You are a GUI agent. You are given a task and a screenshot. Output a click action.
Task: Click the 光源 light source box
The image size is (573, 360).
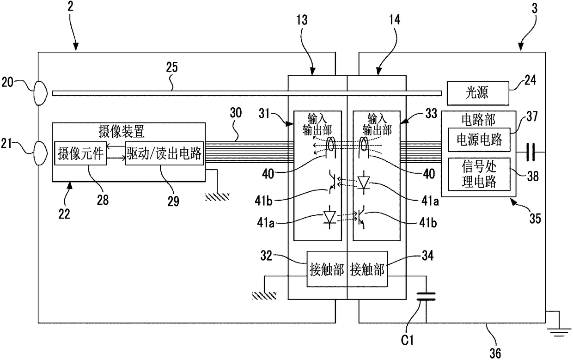click(x=478, y=93)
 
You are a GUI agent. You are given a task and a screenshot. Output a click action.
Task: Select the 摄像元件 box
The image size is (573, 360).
click(x=80, y=153)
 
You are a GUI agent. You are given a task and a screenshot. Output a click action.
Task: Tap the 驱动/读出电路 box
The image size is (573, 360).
click(x=164, y=153)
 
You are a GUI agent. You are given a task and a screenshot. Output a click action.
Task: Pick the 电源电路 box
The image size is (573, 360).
click(x=479, y=140)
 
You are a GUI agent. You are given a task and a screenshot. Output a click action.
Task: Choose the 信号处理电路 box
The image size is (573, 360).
click(x=479, y=174)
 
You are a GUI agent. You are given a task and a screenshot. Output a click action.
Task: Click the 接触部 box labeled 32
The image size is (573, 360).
click(x=327, y=269)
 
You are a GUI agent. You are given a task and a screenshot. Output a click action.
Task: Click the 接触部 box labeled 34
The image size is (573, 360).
click(x=367, y=269)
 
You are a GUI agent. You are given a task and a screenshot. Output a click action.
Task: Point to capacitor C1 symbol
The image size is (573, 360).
click(x=426, y=296)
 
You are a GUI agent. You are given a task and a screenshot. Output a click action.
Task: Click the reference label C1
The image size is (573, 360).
click(x=407, y=340)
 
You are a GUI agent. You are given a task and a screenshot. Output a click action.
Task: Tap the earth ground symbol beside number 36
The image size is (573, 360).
click(x=559, y=332)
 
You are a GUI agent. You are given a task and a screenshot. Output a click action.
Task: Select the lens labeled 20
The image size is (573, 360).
click(x=40, y=93)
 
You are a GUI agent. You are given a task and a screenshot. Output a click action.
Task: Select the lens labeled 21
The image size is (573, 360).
click(x=40, y=153)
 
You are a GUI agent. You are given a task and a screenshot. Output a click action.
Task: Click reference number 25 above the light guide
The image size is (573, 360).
click(x=172, y=67)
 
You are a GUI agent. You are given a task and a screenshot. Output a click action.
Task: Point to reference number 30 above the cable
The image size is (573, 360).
click(x=236, y=113)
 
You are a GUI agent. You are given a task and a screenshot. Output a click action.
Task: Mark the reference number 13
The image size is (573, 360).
click(x=302, y=20)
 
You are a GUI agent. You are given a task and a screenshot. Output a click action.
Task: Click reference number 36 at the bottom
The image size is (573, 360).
click(x=495, y=353)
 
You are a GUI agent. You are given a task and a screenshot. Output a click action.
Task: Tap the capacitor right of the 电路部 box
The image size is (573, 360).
click(x=530, y=152)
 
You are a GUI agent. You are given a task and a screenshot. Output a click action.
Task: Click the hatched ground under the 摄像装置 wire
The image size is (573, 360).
click(x=217, y=197)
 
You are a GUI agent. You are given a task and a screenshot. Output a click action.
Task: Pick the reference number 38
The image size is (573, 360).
click(x=533, y=176)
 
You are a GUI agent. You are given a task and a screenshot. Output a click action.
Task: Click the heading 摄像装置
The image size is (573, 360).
click(x=122, y=132)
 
